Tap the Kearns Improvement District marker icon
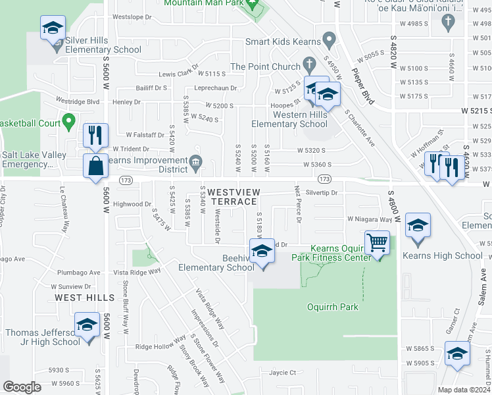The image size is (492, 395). point(195,162)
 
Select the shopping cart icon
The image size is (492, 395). point(377,242)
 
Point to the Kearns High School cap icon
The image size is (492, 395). point(417,226)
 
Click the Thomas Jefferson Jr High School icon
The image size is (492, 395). point(87,326)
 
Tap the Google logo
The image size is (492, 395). point(22,386)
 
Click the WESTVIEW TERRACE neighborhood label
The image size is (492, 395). point(232,196)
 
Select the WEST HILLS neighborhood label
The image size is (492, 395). point(78,298)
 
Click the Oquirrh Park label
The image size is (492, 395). point(332,307)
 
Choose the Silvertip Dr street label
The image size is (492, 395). point(322,193)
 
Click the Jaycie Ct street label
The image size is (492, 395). point(283,372)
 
